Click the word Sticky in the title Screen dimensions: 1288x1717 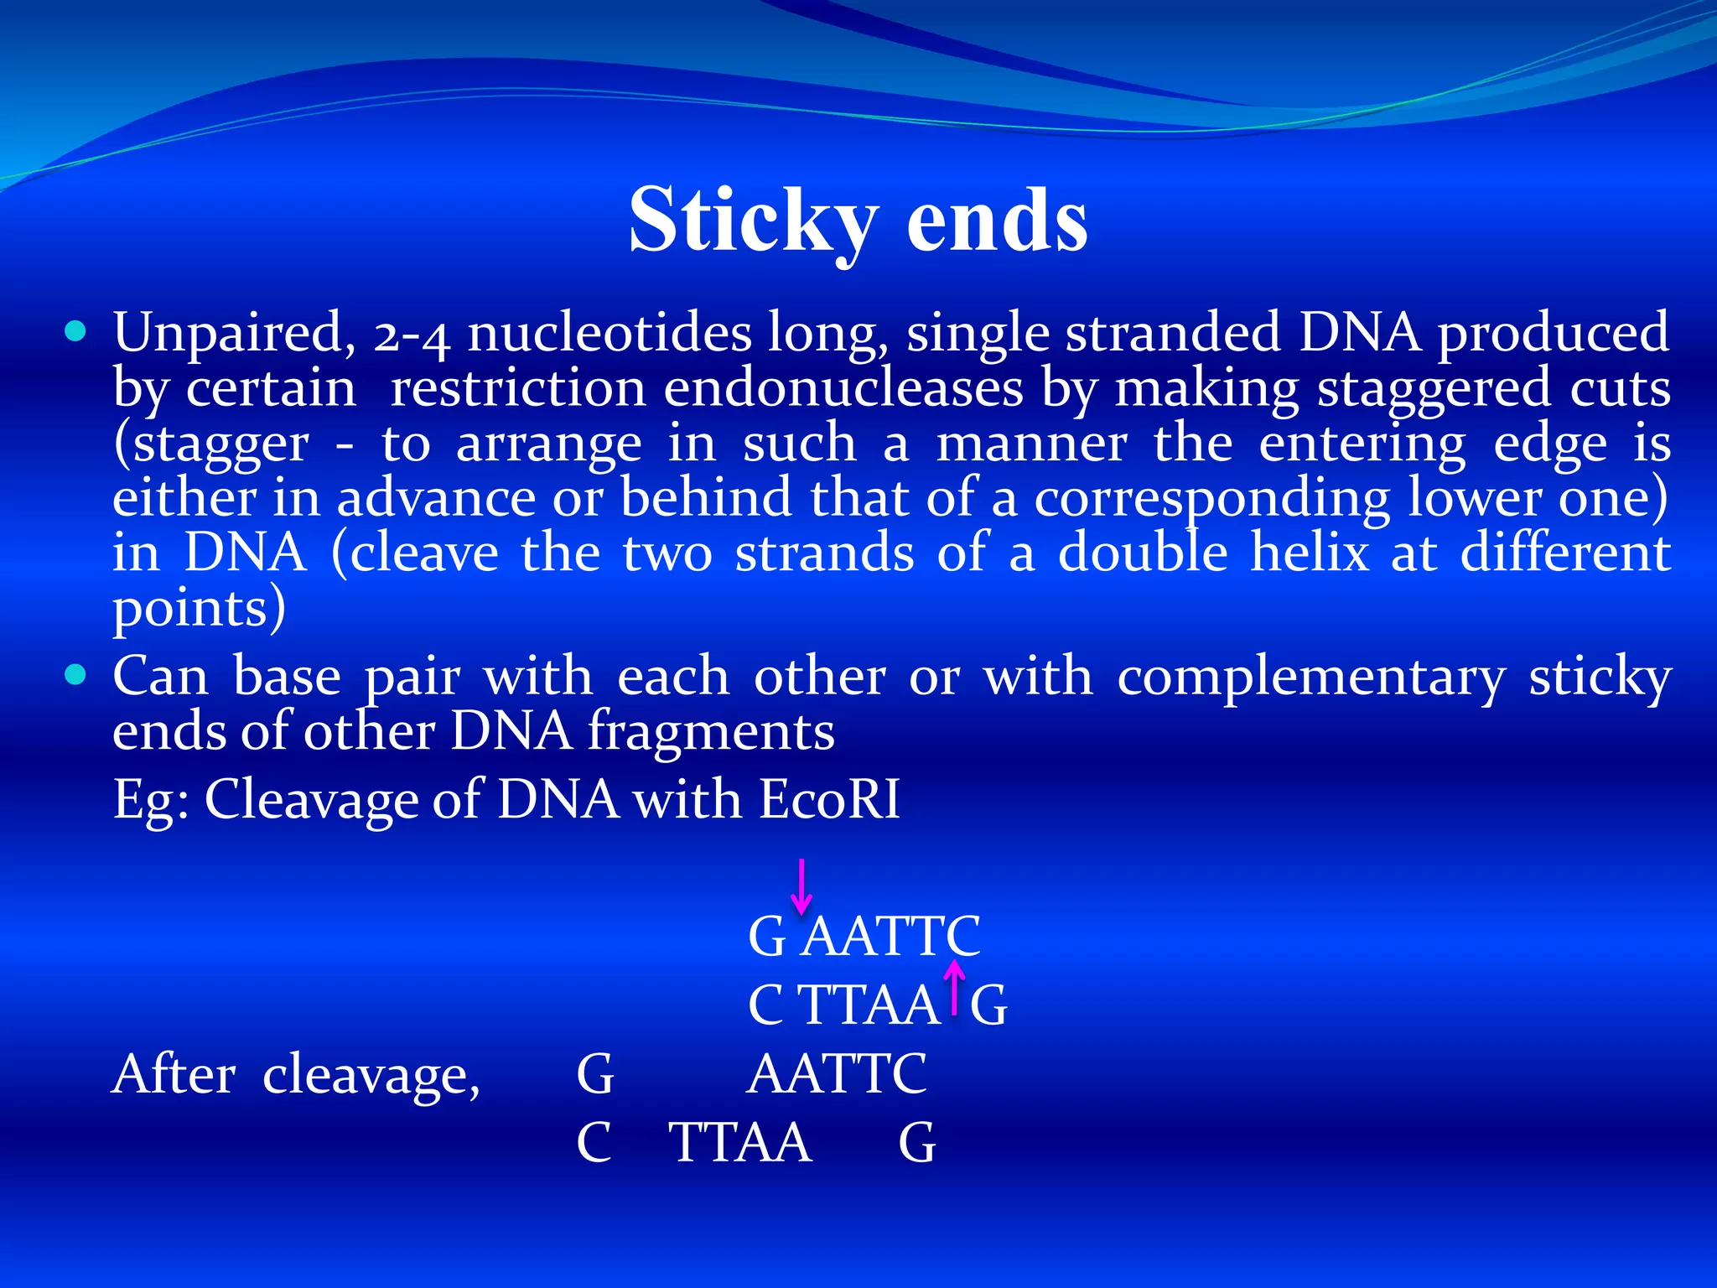[753, 220]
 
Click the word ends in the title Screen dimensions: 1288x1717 [997, 220]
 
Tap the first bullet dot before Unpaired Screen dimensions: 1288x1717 [75, 332]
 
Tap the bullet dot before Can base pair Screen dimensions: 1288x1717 [75, 675]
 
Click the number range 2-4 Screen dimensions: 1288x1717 [412, 335]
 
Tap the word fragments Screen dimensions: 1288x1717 [710, 731]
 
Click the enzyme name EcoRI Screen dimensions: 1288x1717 [829, 798]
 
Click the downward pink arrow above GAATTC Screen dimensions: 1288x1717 [801, 885]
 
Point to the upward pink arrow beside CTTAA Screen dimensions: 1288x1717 [954, 988]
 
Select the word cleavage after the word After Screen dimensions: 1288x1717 [371, 1075]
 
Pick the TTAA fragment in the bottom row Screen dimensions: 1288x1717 [740, 1142]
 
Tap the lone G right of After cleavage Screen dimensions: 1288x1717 [595, 1074]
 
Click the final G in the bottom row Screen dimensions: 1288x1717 [916, 1142]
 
